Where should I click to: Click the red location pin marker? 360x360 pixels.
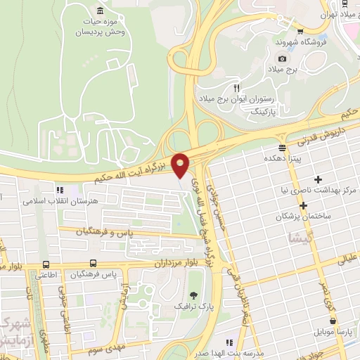[181, 165]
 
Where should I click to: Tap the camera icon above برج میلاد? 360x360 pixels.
[282, 58]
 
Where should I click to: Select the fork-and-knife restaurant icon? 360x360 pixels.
[237, 87]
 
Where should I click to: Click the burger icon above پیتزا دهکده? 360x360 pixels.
[282, 148]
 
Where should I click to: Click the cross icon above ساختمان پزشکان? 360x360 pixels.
[304, 205]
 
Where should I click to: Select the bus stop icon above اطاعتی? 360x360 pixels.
[46, 264]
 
